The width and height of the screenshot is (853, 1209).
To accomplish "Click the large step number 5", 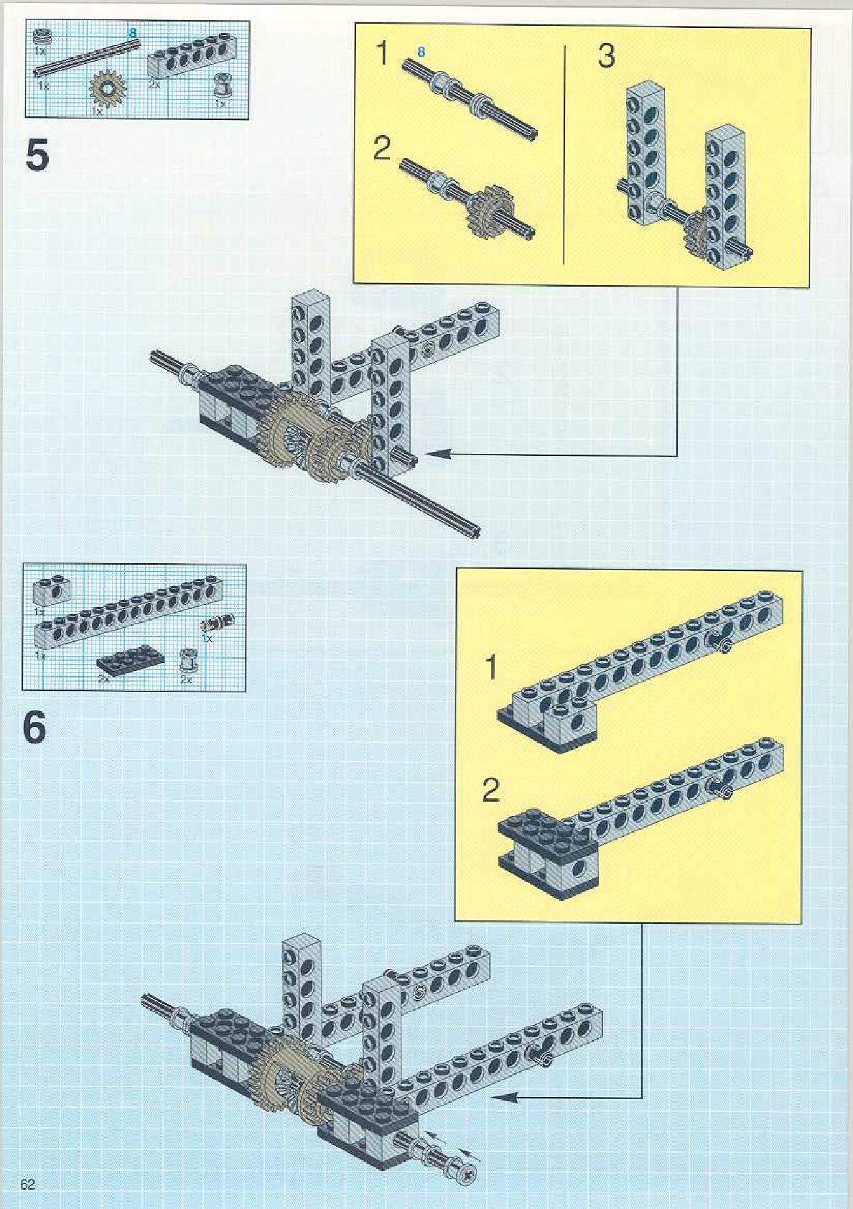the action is point(37,156).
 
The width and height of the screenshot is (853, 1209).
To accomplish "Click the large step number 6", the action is point(35,727).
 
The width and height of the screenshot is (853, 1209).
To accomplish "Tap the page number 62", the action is point(28,1185).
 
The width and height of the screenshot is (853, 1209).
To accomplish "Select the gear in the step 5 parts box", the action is point(107,88).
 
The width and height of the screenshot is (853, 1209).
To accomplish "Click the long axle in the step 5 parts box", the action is point(86,56).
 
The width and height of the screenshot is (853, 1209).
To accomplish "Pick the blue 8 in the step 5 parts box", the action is point(132,33).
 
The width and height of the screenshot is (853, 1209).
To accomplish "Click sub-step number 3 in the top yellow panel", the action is point(606,56).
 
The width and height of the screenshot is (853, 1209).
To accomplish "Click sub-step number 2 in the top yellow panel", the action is point(382,149).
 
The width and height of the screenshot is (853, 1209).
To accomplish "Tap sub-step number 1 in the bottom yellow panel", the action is point(491,668).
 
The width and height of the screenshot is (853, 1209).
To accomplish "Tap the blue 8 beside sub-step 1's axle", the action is point(421,52).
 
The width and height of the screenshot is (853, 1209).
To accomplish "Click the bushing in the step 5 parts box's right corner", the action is point(221,89).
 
